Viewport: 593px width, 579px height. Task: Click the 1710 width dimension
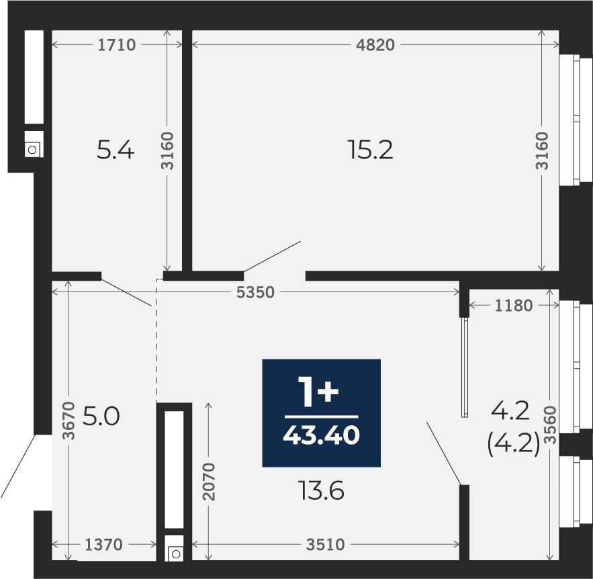pos(116,45)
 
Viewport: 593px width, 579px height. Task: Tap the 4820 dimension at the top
pos(375,45)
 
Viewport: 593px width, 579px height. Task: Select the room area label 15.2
pos(370,150)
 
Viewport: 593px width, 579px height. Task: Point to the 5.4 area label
pos(116,150)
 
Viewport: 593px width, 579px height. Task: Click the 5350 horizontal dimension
pos(255,292)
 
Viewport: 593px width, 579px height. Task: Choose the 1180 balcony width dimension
pos(514,306)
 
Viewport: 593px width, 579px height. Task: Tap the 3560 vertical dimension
pos(552,425)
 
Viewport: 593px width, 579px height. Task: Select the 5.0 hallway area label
pos(101,416)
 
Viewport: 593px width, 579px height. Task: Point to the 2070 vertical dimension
pos(209,482)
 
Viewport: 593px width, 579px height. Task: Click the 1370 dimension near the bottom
pos(103,545)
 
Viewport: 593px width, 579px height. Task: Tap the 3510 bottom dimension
pos(325,545)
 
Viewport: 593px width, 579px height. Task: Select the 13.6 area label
pos(322,491)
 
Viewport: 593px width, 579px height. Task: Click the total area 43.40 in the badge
pos(322,435)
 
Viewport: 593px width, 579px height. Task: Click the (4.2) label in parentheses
pos(514,445)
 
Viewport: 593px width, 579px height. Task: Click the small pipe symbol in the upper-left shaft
pos(32,150)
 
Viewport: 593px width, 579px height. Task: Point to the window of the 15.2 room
pos(576,120)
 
